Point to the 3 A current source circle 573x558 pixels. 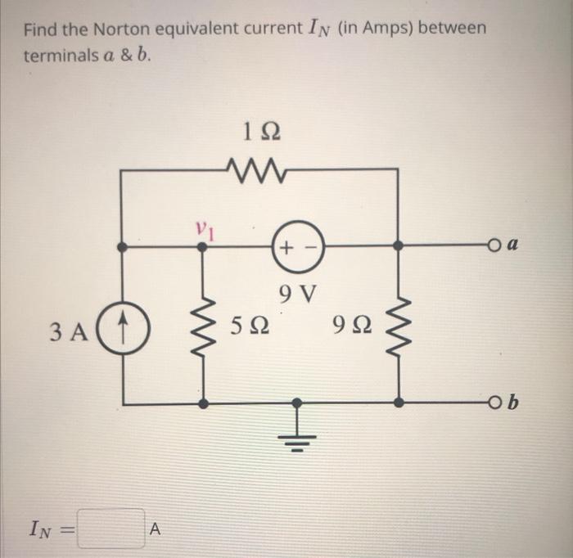tap(122, 333)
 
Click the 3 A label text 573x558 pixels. tap(68, 333)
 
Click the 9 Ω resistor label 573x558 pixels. tap(351, 330)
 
